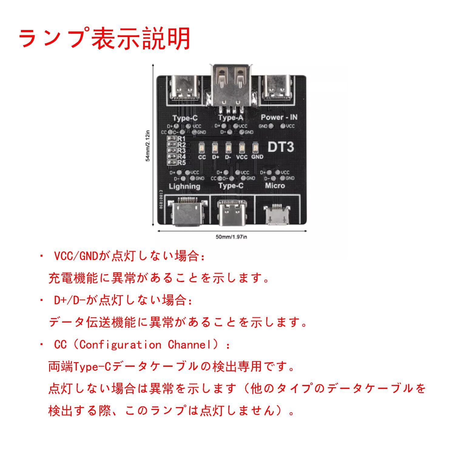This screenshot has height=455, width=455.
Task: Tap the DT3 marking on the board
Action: [281, 147]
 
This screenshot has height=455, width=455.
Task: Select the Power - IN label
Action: [279, 117]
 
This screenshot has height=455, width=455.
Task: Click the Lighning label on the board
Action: [184, 186]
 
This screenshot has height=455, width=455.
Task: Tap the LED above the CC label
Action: [202, 148]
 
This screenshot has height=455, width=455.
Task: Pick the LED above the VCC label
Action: [242, 148]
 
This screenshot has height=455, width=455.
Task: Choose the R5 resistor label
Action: [182, 162]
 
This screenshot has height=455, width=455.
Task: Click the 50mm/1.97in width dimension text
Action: [231, 237]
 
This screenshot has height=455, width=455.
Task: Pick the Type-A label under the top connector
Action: [231, 117]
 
